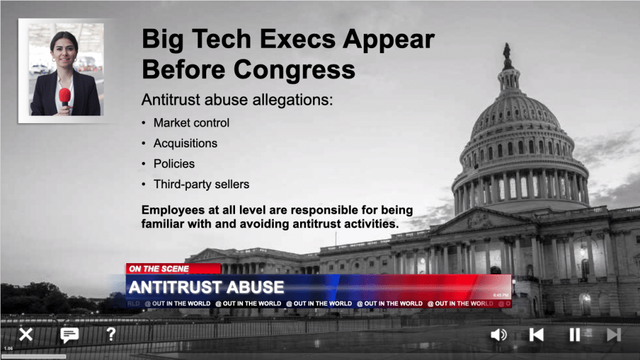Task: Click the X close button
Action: [26, 335]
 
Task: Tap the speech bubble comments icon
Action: [69, 335]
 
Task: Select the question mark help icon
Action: [111, 334]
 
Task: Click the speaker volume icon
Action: [498, 335]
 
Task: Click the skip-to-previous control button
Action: [536, 335]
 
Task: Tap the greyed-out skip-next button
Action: [614, 335]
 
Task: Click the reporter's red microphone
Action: [64, 97]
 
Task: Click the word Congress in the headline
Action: [294, 69]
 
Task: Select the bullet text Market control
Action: [191, 123]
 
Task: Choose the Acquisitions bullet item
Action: [185, 143]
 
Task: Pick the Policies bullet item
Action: [174, 164]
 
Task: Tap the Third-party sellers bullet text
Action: [201, 184]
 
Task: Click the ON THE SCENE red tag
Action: [173, 269]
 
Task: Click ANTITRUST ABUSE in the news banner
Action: [206, 287]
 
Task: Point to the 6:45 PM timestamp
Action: [501, 295]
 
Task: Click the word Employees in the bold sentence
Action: [173, 210]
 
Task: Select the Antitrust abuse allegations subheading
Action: [237, 99]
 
